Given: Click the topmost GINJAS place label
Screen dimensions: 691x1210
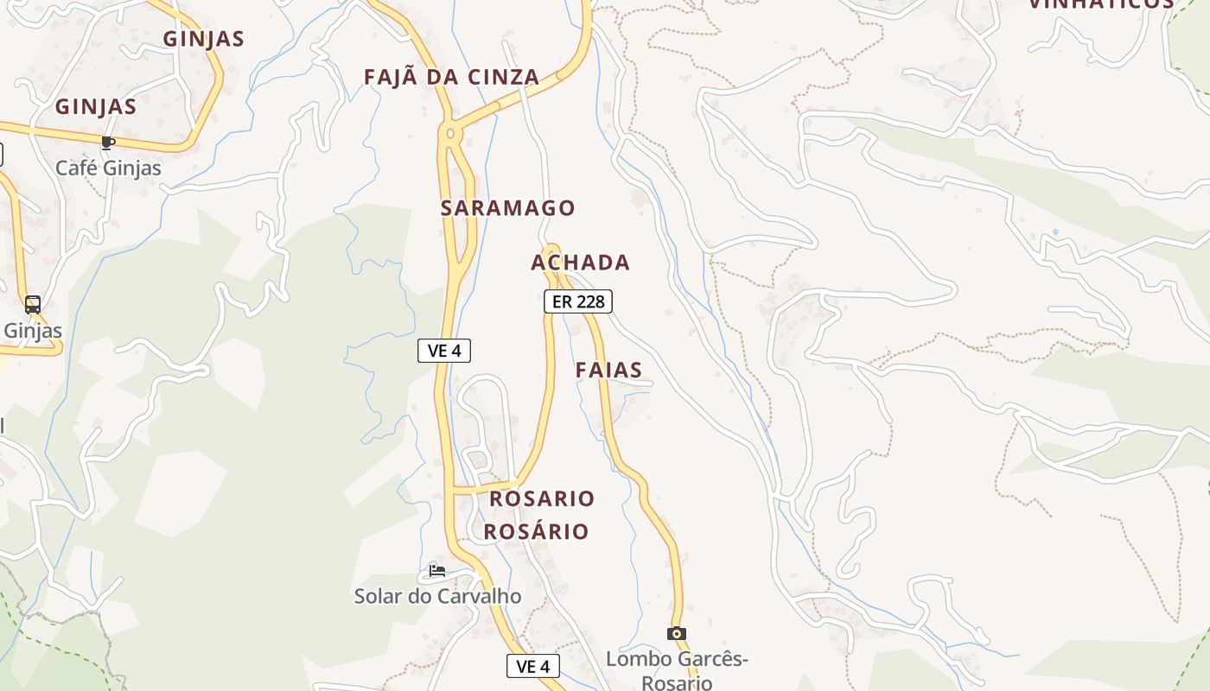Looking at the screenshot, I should (203, 39).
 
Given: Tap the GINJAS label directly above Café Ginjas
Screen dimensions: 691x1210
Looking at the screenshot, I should (96, 107).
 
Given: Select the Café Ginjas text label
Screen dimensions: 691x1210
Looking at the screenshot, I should (108, 168).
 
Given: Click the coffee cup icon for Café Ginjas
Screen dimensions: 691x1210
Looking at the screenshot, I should (107, 143).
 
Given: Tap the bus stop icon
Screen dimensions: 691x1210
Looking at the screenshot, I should (33, 305).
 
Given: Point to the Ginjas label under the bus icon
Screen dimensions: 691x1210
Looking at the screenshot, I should (33, 331).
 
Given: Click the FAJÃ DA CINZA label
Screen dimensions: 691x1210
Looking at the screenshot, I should (451, 77).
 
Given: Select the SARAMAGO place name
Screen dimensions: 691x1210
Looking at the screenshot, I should (507, 208).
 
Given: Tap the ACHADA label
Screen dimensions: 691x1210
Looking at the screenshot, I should (580, 263).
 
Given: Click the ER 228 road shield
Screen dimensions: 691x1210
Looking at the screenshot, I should (577, 301).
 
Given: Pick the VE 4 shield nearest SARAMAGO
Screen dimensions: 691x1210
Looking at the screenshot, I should (444, 350).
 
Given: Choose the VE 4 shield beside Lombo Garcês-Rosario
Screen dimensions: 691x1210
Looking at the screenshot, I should (532, 666).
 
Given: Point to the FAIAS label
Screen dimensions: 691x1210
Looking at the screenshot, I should (608, 371).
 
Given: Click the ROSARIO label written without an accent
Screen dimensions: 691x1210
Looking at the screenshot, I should (542, 499).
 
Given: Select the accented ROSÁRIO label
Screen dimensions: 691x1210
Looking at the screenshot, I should (536, 531).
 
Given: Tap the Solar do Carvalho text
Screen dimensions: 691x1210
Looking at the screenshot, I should (437, 596).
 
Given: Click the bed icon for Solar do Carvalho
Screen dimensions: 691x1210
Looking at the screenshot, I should (437, 571).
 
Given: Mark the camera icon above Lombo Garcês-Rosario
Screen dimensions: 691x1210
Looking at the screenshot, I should (677, 633).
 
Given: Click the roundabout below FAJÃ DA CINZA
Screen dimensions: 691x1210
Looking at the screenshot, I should (449, 134).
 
